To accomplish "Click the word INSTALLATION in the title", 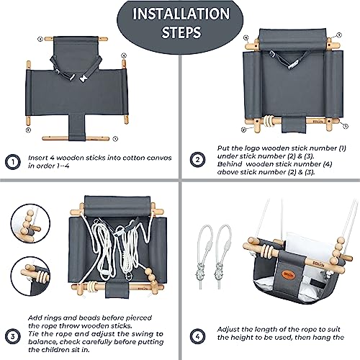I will pos(179,14).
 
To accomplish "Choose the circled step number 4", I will pos(197,336).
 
